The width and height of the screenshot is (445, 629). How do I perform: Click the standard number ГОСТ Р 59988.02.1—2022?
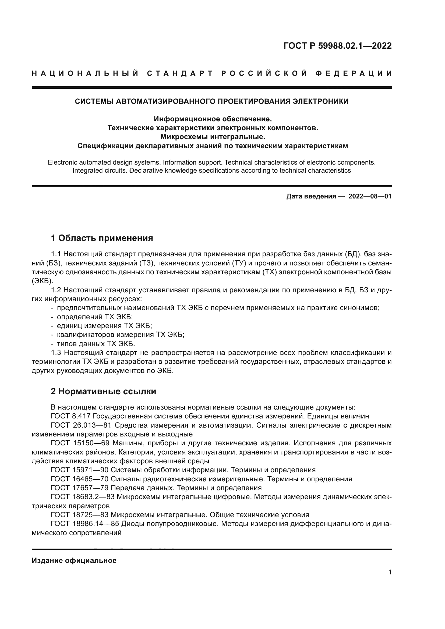click(337, 46)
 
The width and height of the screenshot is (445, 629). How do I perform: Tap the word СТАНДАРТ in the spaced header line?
click(180, 73)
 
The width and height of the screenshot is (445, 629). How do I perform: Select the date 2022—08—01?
click(370, 196)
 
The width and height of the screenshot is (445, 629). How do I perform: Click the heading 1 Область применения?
click(102, 238)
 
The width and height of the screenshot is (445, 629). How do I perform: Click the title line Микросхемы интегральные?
click(213, 136)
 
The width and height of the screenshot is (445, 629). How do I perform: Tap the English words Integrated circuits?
click(100, 171)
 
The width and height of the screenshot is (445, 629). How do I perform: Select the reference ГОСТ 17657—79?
click(80, 488)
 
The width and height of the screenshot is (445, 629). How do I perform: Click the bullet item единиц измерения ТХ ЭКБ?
click(104, 326)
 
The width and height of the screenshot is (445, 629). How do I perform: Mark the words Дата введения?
click(311, 196)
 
